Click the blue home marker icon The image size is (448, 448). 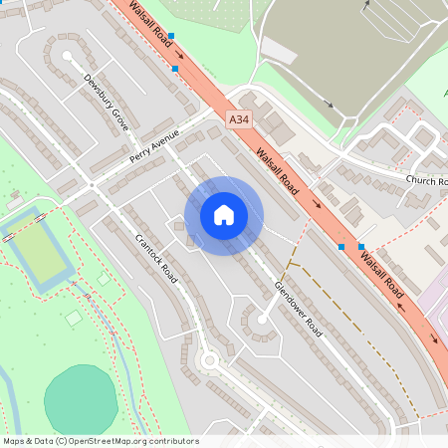[224, 215]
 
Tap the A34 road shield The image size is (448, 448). [237, 119]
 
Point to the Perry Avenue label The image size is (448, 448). [153, 145]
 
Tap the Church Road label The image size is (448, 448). [426, 180]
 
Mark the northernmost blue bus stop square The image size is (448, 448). [171, 36]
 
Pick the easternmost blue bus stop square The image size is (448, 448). [361, 246]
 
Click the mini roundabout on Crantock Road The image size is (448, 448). [210, 359]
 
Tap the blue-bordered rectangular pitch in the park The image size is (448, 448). [40, 253]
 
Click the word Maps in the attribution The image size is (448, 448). [14, 441]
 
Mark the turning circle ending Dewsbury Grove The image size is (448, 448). [67, 57]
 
